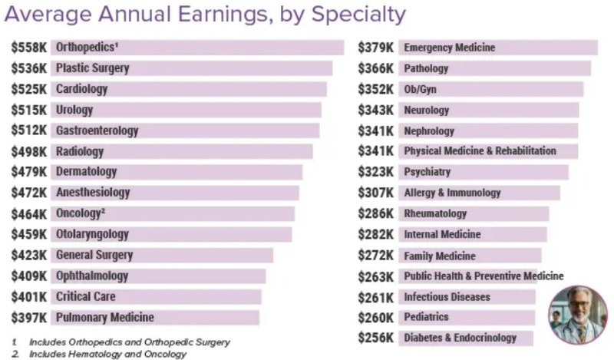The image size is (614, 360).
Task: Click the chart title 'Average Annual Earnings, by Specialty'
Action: [204, 15]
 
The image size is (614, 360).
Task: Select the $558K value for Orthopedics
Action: [28, 48]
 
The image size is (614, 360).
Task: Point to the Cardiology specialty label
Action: [81, 89]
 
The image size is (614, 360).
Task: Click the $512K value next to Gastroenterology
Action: [28, 130]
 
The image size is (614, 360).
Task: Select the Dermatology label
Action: [86, 172]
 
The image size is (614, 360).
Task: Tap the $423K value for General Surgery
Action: [28, 255]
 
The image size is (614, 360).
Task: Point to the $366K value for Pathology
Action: [376, 68]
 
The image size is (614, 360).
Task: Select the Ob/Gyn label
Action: [420, 89]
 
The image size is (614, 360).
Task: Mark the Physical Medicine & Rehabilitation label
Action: [480, 151]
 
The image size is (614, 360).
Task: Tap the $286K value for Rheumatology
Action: [376, 213]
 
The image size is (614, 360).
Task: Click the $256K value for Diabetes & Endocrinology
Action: [376, 338]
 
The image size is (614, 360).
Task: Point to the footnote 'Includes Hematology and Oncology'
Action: [107, 355]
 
